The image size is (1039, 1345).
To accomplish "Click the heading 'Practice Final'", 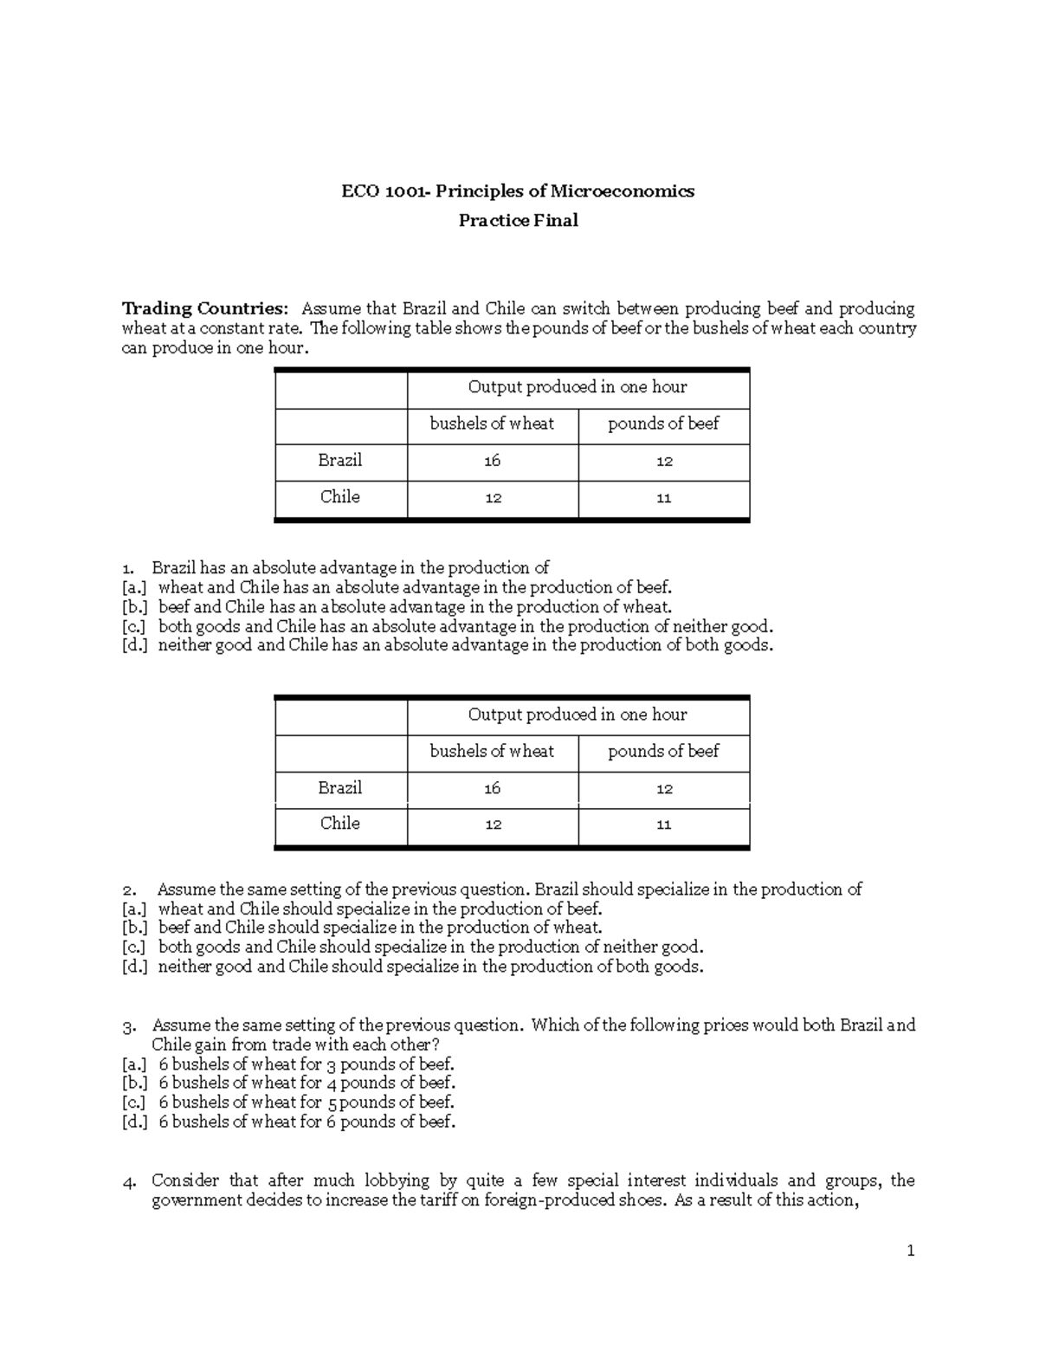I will (x=518, y=221).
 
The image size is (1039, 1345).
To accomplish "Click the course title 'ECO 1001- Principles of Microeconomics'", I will (x=518, y=191).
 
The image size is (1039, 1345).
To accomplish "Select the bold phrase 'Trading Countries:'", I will (x=203, y=309).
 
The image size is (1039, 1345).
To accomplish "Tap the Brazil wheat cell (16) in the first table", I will (x=492, y=462).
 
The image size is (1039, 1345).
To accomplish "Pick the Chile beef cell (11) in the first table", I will (x=663, y=499).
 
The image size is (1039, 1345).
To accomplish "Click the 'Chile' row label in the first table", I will (x=339, y=497).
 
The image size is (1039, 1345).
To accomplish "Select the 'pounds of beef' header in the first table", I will (x=663, y=424).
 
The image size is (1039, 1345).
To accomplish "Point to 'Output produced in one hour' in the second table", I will (x=578, y=715).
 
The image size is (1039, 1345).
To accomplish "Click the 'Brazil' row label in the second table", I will (x=339, y=788).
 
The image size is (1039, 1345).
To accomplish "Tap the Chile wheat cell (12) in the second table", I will (x=492, y=825).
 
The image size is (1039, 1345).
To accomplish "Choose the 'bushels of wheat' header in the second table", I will (x=492, y=752).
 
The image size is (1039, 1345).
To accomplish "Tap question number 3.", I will (x=129, y=1027).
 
